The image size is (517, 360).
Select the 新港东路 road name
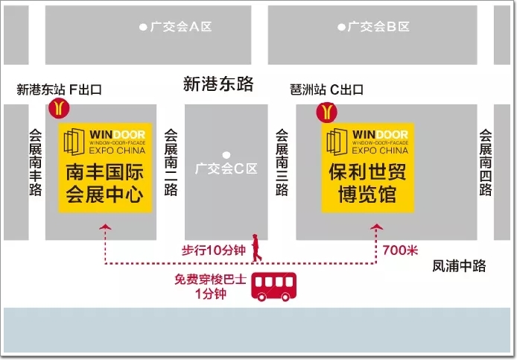[x=218, y=84]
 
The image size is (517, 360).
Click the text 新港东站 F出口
[x=59, y=90]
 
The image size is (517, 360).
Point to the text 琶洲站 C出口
[x=326, y=90]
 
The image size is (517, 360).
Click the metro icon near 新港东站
[x=59, y=110]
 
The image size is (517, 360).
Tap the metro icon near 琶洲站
[x=326, y=111]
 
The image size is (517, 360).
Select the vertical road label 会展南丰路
[x=36, y=162]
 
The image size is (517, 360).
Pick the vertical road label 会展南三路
[x=281, y=162]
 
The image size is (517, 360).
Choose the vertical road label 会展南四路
[x=485, y=162]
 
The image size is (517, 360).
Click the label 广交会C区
[x=226, y=168]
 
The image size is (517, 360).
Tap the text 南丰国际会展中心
[x=105, y=183]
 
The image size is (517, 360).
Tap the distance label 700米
[x=399, y=250]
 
